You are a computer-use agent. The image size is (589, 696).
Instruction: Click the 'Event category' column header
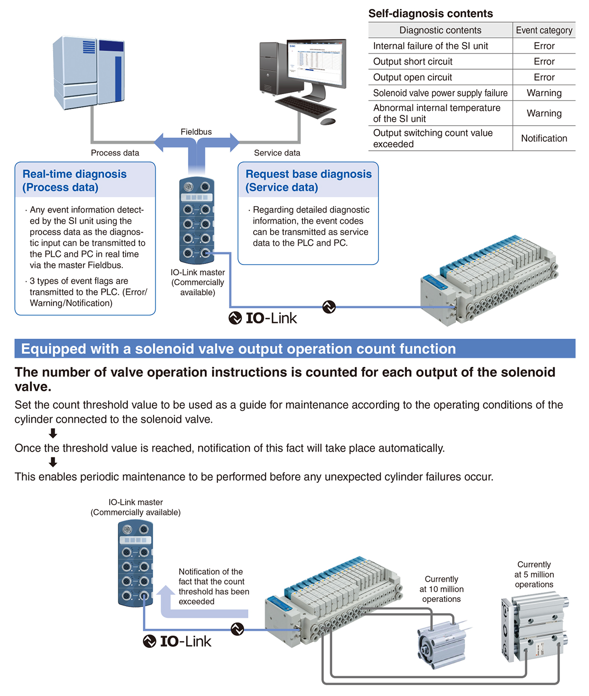coord(544,30)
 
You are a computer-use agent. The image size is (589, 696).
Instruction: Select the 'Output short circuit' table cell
coord(413,61)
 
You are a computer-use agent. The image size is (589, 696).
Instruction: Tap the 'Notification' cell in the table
coord(544,138)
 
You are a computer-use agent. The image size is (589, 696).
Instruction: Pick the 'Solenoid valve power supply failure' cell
coord(440,93)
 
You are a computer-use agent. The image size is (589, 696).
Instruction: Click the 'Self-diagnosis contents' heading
coord(430,13)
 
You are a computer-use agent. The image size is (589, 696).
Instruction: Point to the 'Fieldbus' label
coord(196,132)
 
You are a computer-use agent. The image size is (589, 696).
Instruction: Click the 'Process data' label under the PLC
coord(115,153)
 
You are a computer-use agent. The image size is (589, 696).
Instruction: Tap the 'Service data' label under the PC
coord(277,153)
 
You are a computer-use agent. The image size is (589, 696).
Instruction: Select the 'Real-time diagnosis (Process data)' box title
coord(75,181)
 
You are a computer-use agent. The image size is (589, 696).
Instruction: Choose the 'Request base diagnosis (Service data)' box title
coord(308,181)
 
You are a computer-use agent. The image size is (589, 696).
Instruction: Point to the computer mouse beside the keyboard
coord(327,121)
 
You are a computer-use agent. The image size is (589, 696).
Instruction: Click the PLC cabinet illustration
coord(88,72)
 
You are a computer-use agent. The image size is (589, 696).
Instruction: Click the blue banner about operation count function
coord(294,348)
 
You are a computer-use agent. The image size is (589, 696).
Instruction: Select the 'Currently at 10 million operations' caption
coord(441,589)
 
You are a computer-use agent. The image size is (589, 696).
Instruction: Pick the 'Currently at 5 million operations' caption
coord(534,574)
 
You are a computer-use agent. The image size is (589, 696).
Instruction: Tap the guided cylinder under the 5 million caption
coord(534,628)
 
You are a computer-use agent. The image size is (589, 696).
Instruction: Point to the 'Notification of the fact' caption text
coord(214,586)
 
